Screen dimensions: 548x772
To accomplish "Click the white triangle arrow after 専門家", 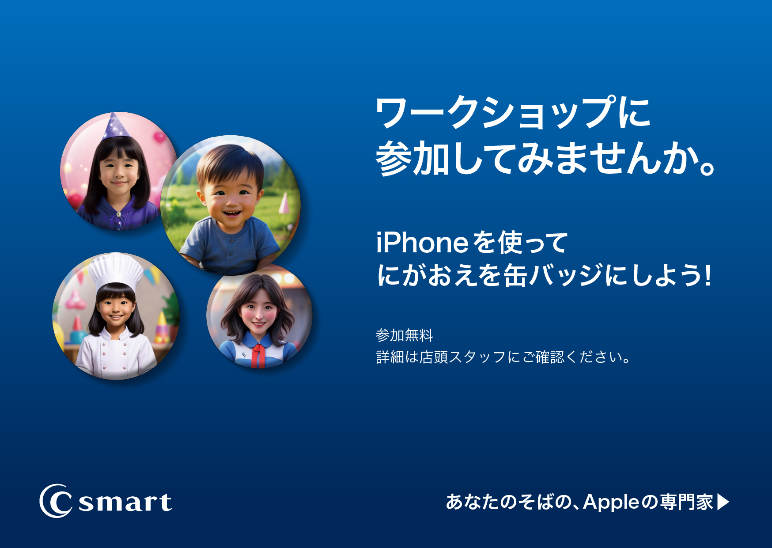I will (x=723, y=502).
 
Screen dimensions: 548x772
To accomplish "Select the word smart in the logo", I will (x=125, y=502).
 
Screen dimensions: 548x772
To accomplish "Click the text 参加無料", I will (x=404, y=335).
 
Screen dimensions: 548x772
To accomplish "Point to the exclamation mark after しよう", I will (x=708, y=275).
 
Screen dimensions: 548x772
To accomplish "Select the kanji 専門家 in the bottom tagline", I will (x=686, y=502).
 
